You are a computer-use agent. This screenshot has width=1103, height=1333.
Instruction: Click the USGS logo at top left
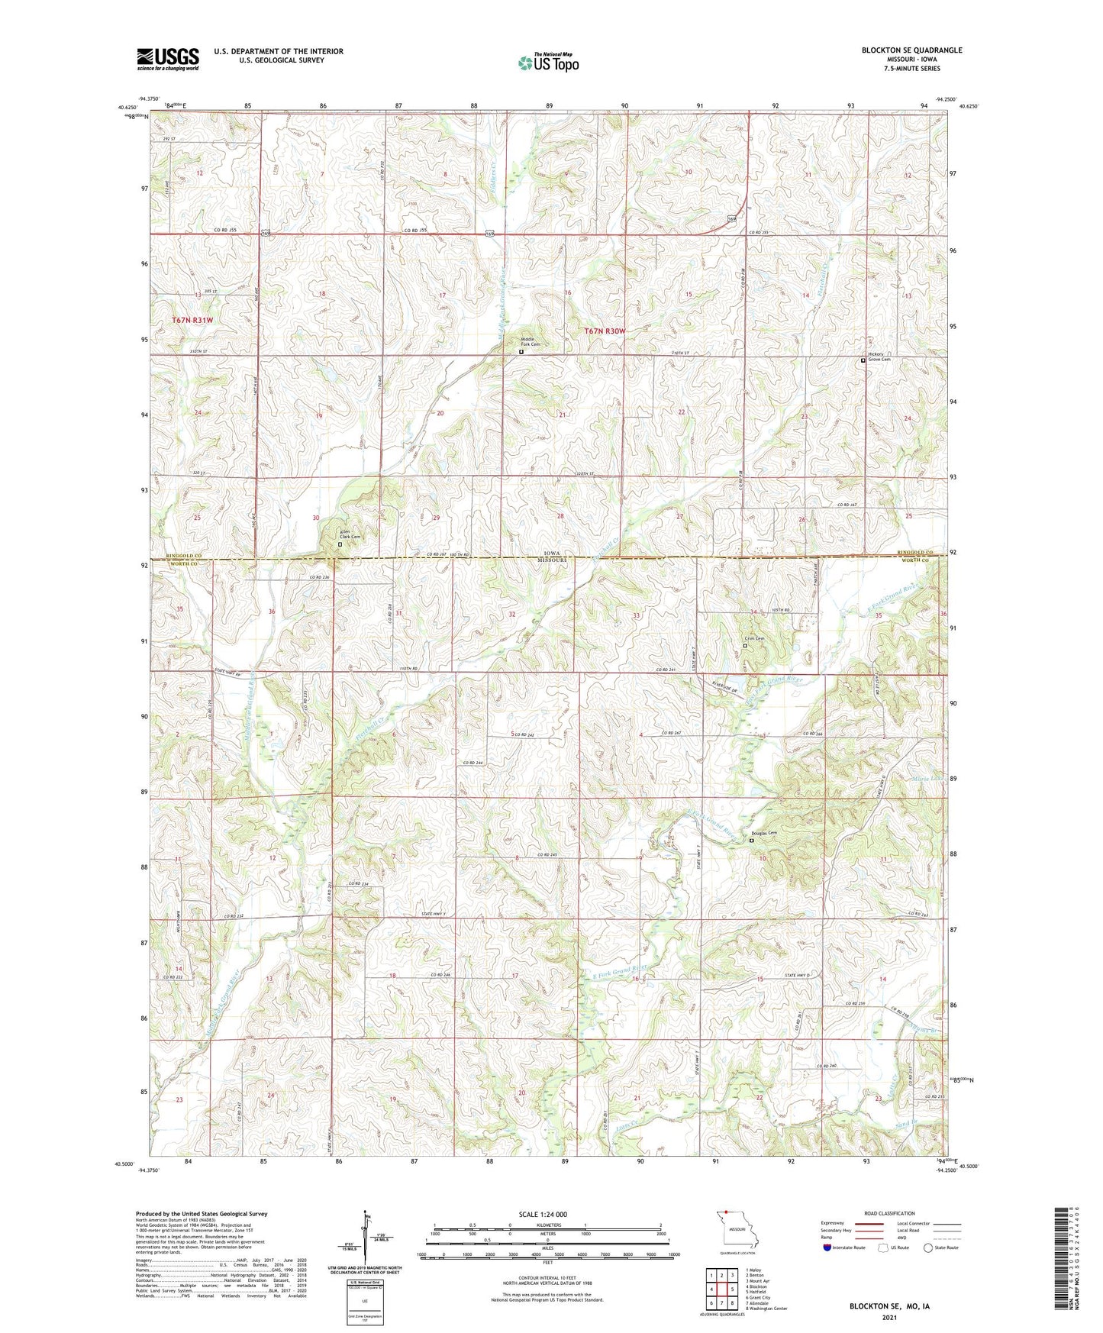click(167, 58)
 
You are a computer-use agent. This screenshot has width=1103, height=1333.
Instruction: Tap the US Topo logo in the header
click(548, 63)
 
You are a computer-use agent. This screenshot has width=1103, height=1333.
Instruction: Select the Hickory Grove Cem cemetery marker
click(863, 360)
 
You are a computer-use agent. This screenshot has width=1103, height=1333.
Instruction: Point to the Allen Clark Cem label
click(350, 536)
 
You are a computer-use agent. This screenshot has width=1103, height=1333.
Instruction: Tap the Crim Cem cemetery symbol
click(746, 646)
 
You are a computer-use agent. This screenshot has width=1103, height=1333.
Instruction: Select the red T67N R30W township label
click(604, 331)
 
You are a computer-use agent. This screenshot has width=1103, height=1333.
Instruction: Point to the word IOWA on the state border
click(550, 553)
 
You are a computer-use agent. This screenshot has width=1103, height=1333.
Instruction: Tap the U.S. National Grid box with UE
click(364, 1297)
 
